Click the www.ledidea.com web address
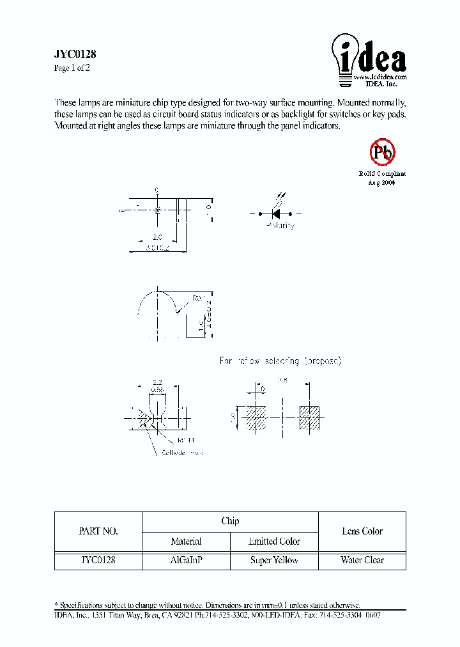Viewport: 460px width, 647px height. (x=380, y=76)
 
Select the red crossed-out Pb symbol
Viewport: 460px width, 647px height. (x=383, y=152)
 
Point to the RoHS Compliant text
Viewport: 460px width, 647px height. (x=382, y=174)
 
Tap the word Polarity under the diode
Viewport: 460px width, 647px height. (x=280, y=226)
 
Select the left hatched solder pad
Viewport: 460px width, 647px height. (x=256, y=417)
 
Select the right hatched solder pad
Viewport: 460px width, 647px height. (x=309, y=417)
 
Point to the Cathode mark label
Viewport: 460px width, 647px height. (x=182, y=453)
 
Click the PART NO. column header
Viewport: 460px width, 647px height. (x=98, y=531)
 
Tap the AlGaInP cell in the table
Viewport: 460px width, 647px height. (x=186, y=560)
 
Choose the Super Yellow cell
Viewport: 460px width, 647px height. (x=274, y=560)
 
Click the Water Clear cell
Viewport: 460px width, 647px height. (x=362, y=560)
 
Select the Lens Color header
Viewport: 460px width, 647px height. (x=362, y=531)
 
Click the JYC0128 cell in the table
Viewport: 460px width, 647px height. (x=98, y=560)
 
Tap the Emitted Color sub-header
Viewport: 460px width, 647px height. (x=274, y=542)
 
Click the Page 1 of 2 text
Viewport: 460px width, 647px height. (x=72, y=68)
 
